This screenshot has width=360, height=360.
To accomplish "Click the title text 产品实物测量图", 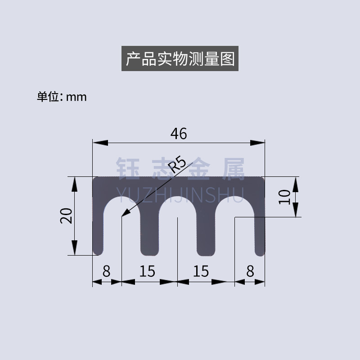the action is click(180, 59).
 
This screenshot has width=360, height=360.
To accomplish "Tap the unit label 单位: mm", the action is click(61, 97).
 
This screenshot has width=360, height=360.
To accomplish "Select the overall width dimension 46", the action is click(178, 133).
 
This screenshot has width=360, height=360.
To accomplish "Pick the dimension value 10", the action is click(283, 197).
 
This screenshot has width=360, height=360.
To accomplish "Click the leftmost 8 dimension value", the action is click(107, 271).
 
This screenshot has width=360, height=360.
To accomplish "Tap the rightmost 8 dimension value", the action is click(250, 271).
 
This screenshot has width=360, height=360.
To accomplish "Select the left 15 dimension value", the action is click(147, 271).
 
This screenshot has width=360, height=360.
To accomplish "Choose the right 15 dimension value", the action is click(201, 271).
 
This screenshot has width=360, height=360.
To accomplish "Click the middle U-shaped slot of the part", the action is click(178, 225).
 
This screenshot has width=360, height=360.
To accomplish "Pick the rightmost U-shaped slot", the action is click(234, 225).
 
